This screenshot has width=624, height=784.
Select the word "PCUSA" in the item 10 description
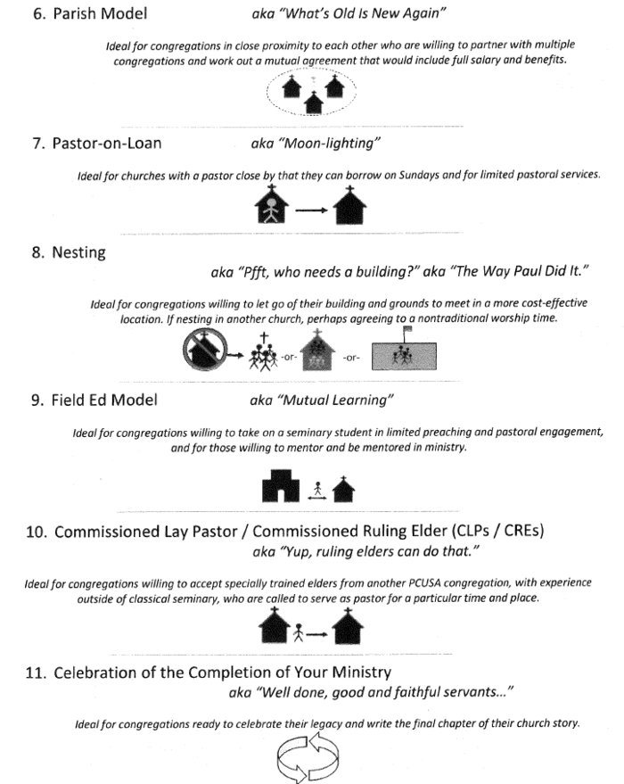point(383,582)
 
